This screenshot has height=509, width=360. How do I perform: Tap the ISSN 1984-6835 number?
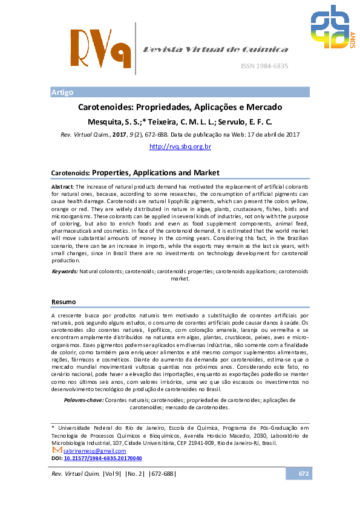click(x=264, y=66)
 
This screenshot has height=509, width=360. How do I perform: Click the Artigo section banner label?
click(x=62, y=92)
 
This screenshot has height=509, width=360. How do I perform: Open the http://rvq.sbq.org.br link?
click(x=180, y=146)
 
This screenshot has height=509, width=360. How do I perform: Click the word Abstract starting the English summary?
click(x=62, y=187)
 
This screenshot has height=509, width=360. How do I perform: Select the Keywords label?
click(x=65, y=272)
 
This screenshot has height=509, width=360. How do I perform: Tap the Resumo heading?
click(x=64, y=301)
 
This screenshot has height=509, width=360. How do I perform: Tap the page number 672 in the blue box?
click(x=304, y=473)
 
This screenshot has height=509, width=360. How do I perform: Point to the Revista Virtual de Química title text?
click(x=215, y=49)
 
